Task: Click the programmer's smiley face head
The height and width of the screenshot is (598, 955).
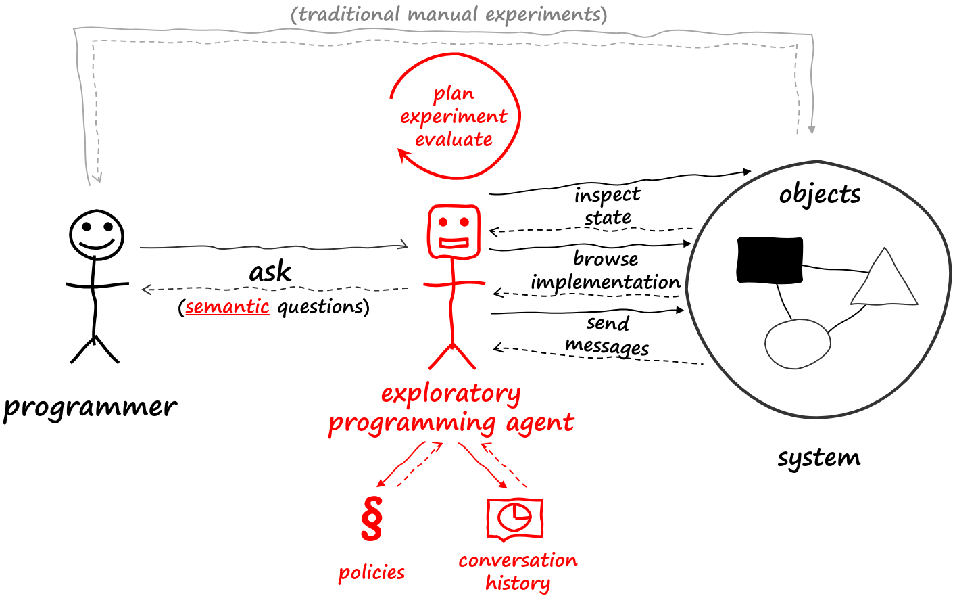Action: [x=97, y=235]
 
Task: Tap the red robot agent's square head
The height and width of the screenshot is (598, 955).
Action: [x=454, y=231]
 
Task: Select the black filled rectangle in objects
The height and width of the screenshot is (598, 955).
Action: [x=770, y=260]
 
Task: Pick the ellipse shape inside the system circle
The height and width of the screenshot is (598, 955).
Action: [x=798, y=344]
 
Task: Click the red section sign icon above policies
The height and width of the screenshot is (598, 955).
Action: [x=372, y=519]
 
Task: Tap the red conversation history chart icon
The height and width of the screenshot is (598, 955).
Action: [x=514, y=519]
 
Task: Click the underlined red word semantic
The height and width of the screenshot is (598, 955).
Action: [x=227, y=307]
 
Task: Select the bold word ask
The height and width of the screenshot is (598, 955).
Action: [x=270, y=272]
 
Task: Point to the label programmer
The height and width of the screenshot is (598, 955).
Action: [x=90, y=407]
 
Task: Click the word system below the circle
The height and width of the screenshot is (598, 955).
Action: [x=818, y=458]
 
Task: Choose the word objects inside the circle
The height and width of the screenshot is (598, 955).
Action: [x=820, y=194]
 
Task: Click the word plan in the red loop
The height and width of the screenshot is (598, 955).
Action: [x=454, y=93]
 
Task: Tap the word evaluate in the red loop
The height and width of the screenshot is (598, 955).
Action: [x=454, y=139]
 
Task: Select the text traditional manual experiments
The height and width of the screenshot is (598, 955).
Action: [x=449, y=14]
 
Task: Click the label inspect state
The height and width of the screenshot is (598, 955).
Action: [x=608, y=206]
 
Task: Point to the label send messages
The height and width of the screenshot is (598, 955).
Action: [x=607, y=335]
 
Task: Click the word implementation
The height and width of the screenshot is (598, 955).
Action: [x=605, y=282]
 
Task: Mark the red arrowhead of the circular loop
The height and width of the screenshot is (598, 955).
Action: [x=404, y=156]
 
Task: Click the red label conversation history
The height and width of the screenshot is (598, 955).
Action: [x=518, y=572]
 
